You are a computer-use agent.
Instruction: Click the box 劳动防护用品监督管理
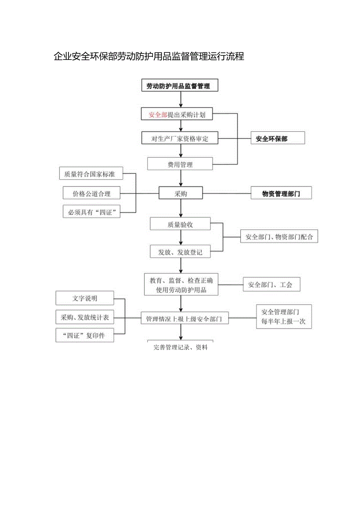pyautogui.click(x=179, y=86)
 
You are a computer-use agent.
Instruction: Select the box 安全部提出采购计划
pyautogui.click(x=179, y=115)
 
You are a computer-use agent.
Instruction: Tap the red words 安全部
pyautogui.click(x=158, y=115)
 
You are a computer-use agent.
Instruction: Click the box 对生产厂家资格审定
pyautogui.click(x=179, y=138)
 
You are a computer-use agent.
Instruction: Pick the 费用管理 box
pyautogui.click(x=180, y=164)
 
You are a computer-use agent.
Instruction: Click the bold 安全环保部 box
pyautogui.click(x=277, y=138)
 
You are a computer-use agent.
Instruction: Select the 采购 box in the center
pyautogui.click(x=180, y=193)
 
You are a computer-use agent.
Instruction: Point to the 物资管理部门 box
pyautogui.click(x=281, y=193)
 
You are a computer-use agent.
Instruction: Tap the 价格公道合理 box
pyautogui.click(x=92, y=193)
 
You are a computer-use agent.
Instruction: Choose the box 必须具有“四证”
pyautogui.click(x=92, y=212)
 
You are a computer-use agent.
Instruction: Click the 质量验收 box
pyautogui.click(x=180, y=225)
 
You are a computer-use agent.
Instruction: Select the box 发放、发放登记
pyautogui.click(x=180, y=252)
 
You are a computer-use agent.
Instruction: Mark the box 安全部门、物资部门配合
pyautogui.click(x=279, y=236)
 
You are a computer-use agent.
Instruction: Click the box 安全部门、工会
pyautogui.click(x=272, y=284)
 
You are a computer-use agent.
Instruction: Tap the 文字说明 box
pyautogui.click(x=85, y=298)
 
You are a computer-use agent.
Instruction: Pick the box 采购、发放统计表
pyautogui.click(x=85, y=317)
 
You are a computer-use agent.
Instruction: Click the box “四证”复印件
pyautogui.click(x=85, y=336)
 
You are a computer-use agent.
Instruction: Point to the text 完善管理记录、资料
pyautogui.click(x=180, y=347)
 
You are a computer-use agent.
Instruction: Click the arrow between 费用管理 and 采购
pyautogui.click(x=180, y=178)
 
